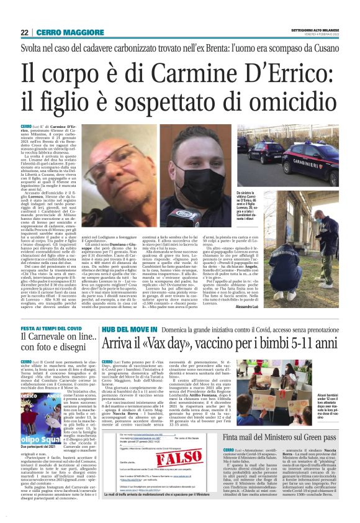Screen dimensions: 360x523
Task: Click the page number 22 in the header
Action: pos(24,32)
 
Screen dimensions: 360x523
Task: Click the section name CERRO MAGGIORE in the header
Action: pos(63,32)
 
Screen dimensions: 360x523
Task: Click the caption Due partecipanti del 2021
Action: pos(45,429)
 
